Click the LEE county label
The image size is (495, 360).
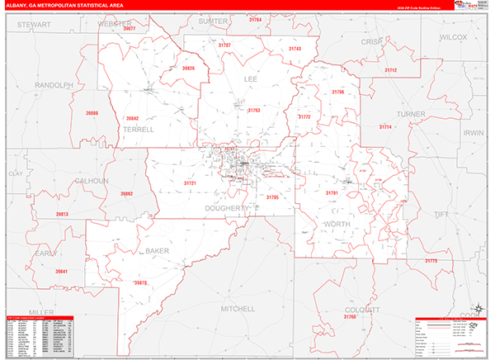[x=251, y=79]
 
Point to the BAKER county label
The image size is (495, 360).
[x=157, y=250]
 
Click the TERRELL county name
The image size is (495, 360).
[x=138, y=130]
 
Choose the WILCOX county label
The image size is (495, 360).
[x=453, y=38]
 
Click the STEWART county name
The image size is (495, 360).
[x=34, y=26]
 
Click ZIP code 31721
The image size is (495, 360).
[x=189, y=182]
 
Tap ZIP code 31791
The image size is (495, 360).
[x=332, y=192]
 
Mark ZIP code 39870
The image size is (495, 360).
[x=140, y=282]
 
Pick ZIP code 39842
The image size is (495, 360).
[x=126, y=118]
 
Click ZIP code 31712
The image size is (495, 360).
[x=390, y=71]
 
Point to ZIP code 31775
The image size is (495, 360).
[x=431, y=261]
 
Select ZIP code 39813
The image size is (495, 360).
[x=63, y=214]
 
